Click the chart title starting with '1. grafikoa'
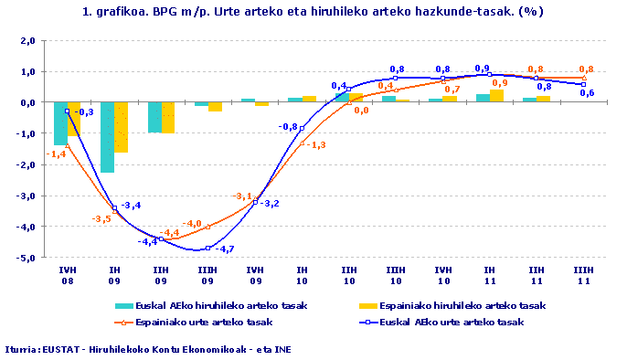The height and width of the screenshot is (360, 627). click(313, 11)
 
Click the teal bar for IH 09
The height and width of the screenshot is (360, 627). click(107, 137)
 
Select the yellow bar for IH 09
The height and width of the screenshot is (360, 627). click(122, 127)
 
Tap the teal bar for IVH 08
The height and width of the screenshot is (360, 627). click(60, 123)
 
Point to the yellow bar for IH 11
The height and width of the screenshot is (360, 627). click(496, 96)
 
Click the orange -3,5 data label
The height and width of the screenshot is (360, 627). click(101, 219)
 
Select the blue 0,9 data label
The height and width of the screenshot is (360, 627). click(482, 68)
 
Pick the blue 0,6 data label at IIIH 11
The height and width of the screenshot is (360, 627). click(588, 93)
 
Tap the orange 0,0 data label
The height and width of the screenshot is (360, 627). click(362, 111)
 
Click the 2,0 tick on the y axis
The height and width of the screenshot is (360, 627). click(27, 41)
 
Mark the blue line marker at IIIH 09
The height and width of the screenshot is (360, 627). click(208, 248)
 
